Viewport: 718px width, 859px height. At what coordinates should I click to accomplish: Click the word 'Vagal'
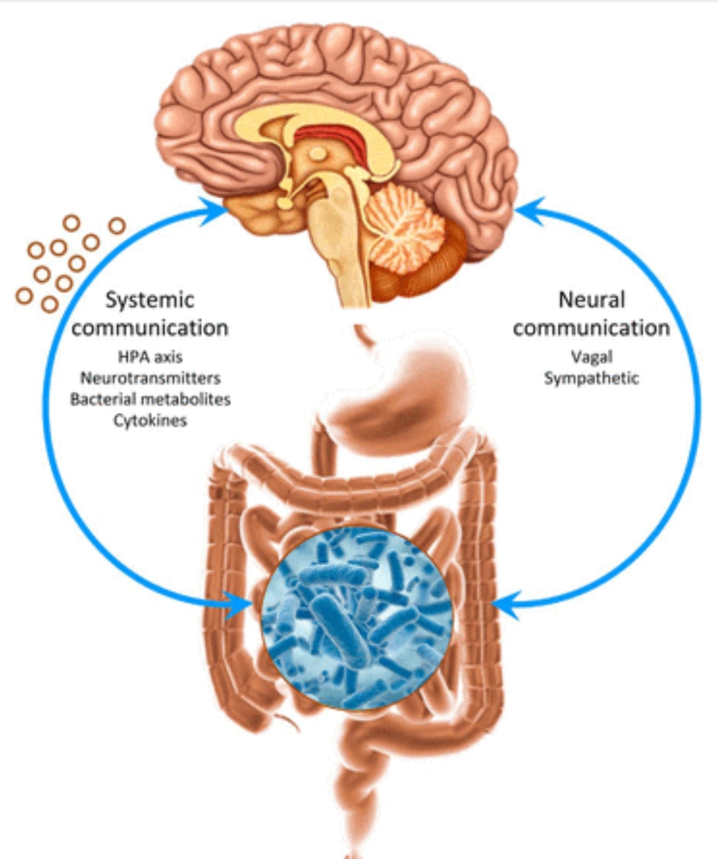590,357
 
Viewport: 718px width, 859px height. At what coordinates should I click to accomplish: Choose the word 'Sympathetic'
591,377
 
